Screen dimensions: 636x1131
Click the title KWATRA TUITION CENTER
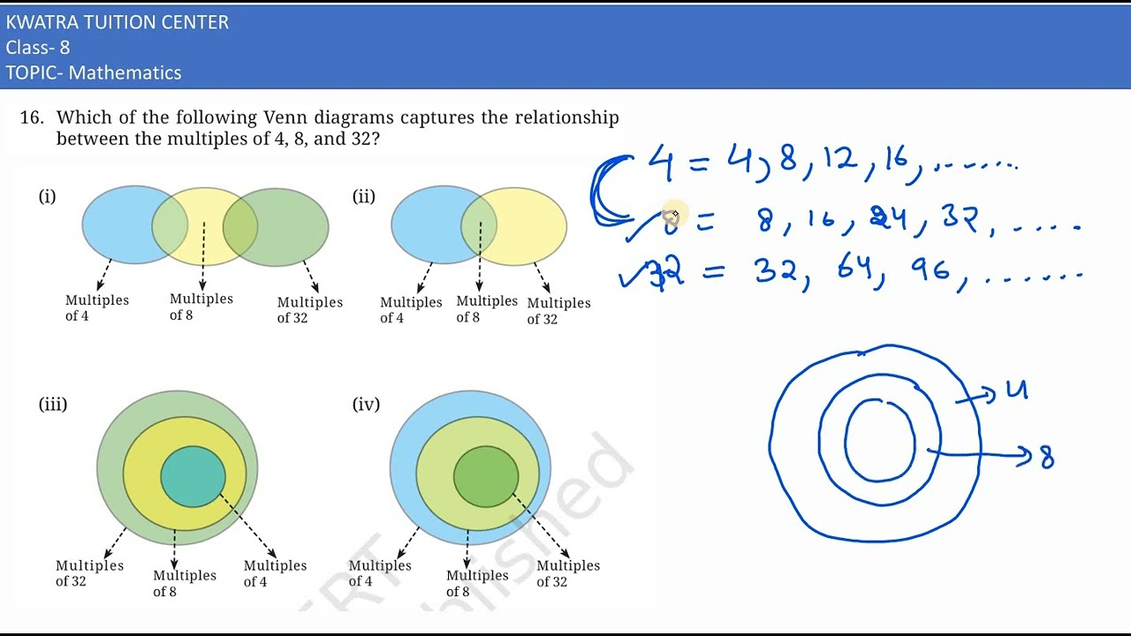coord(117,23)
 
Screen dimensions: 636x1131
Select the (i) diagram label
coord(47,196)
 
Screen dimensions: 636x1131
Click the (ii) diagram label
coord(364,196)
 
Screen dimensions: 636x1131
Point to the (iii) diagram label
coord(53,405)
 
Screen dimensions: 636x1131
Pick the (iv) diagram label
coord(366,405)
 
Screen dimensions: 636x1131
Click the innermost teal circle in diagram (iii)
coord(193,477)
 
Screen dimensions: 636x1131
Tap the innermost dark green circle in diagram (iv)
coord(485,477)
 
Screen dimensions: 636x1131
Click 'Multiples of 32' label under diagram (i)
coord(309,310)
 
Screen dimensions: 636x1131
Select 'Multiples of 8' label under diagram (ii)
coord(486,309)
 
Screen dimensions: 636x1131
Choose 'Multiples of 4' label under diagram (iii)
coord(275,573)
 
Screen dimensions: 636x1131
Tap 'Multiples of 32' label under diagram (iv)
coord(567,573)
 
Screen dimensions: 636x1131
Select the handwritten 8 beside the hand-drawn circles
coord(1047,457)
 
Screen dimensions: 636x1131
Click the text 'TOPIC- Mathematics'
coord(94,73)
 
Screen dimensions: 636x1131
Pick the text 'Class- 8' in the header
coord(38,48)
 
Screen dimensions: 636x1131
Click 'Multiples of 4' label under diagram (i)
coord(96,307)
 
